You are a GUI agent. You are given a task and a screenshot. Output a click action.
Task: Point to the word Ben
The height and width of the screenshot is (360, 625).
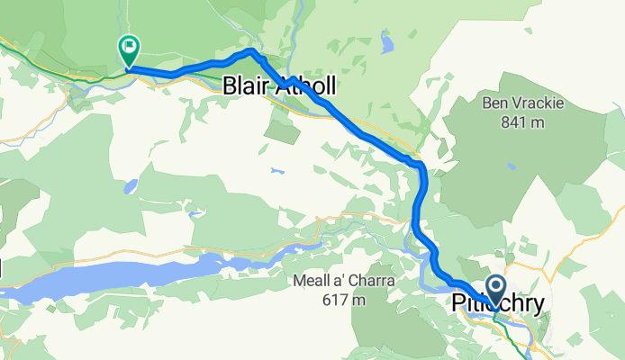[498, 103]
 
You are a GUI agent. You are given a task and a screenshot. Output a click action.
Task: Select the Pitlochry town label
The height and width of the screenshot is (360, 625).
[496, 305]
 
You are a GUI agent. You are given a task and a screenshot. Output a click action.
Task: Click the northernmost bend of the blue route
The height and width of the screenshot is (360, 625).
[251, 53]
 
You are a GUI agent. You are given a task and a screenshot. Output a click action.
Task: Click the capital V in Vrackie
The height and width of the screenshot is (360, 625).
[522, 103]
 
